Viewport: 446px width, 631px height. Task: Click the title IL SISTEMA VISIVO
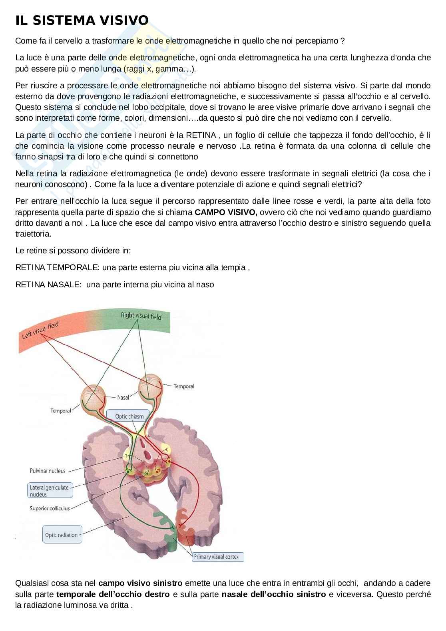(82, 20)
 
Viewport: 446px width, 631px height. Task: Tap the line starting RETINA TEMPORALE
(132, 268)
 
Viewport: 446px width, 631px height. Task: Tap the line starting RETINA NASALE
(114, 285)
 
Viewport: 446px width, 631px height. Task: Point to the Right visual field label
(141, 316)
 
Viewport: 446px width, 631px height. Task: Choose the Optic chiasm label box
(129, 416)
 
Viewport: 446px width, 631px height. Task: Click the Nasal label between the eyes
(123, 398)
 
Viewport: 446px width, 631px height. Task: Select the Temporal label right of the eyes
(184, 386)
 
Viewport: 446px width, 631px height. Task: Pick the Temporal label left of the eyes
(60, 411)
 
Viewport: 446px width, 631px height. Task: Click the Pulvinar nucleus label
(47, 471)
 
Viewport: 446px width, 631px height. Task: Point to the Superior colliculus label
(50, 508)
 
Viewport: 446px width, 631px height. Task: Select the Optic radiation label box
(62, 535)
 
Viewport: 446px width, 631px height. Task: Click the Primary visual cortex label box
(217, 557)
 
